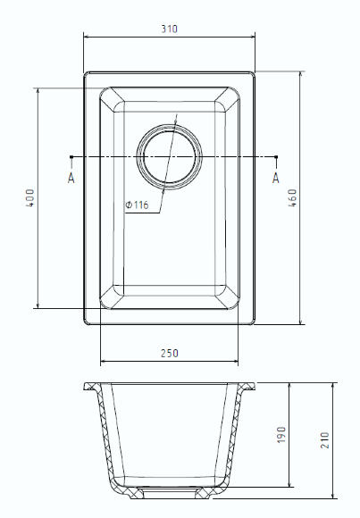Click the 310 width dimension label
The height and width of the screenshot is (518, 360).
point(169,29)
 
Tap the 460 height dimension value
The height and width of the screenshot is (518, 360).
point(292,198)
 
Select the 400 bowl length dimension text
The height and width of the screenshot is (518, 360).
point(30,198)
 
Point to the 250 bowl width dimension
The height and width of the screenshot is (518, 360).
point(169,353)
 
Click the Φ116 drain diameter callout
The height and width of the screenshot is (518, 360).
point(137,205)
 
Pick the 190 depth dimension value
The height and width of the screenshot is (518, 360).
point(280,435)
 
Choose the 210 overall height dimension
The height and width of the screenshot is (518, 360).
point(325,440)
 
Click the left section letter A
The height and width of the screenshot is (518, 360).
point(71,178)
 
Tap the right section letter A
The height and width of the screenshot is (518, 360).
point(276,178)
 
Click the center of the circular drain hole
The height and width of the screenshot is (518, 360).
point(169,156)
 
